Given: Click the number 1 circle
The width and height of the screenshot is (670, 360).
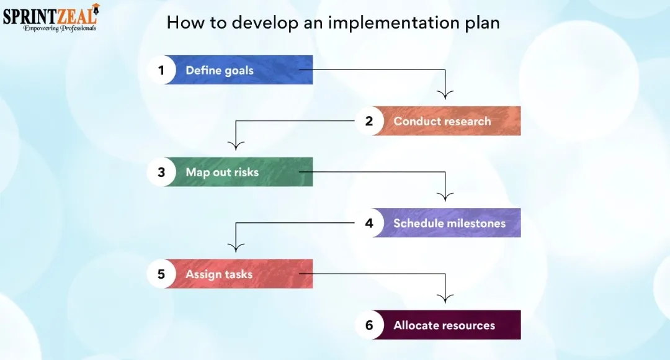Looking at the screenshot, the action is pyautogui.click(x=161, y=70).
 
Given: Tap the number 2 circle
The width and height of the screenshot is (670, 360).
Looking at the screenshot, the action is pyautogui.click(x=369, y=121).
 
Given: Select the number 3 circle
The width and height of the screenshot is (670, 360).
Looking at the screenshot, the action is pyautogui.click(x=161, y=172).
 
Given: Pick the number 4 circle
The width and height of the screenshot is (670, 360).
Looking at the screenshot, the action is pyautogui.click(x=369, y=223).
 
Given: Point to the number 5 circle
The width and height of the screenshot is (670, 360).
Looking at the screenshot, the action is pyautogui.click(x=161, y=274).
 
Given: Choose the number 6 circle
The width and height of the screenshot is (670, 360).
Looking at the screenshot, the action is pyautogui.click(x=369, y=325).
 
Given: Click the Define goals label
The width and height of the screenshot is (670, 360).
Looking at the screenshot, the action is pyautogui.click(x=220, y=70).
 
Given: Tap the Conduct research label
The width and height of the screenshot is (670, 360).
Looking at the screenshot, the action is pyautogui.click(x=442, y=121).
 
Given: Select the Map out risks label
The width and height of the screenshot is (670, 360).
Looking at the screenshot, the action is pyautogui.click(x=222, y=172).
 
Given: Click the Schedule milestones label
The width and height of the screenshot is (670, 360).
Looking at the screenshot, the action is pyautogui.click(x=450, y=223).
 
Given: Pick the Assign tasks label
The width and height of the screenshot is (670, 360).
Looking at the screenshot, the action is pyautogui.click(x=219, y=274).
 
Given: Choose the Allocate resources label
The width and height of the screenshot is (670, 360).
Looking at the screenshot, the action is pyautogui.click(x=444, y=325).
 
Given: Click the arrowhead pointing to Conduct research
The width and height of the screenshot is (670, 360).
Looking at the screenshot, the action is pyautogui.click(x=445, y=95).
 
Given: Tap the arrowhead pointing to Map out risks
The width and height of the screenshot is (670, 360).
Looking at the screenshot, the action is pyautogui.click(x=236, y=145).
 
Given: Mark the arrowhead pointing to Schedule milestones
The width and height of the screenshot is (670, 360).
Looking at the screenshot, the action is pyautogui.click(x=445, y=197).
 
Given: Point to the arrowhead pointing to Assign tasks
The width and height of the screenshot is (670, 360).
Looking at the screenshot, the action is pyautogui.click(x=236, y=247).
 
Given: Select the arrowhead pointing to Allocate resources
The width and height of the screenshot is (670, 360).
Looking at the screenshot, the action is pyautogui.click(x=445, y=299).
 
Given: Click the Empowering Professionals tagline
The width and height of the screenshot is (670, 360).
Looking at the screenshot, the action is pyautogui.click(x=60, y=28).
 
